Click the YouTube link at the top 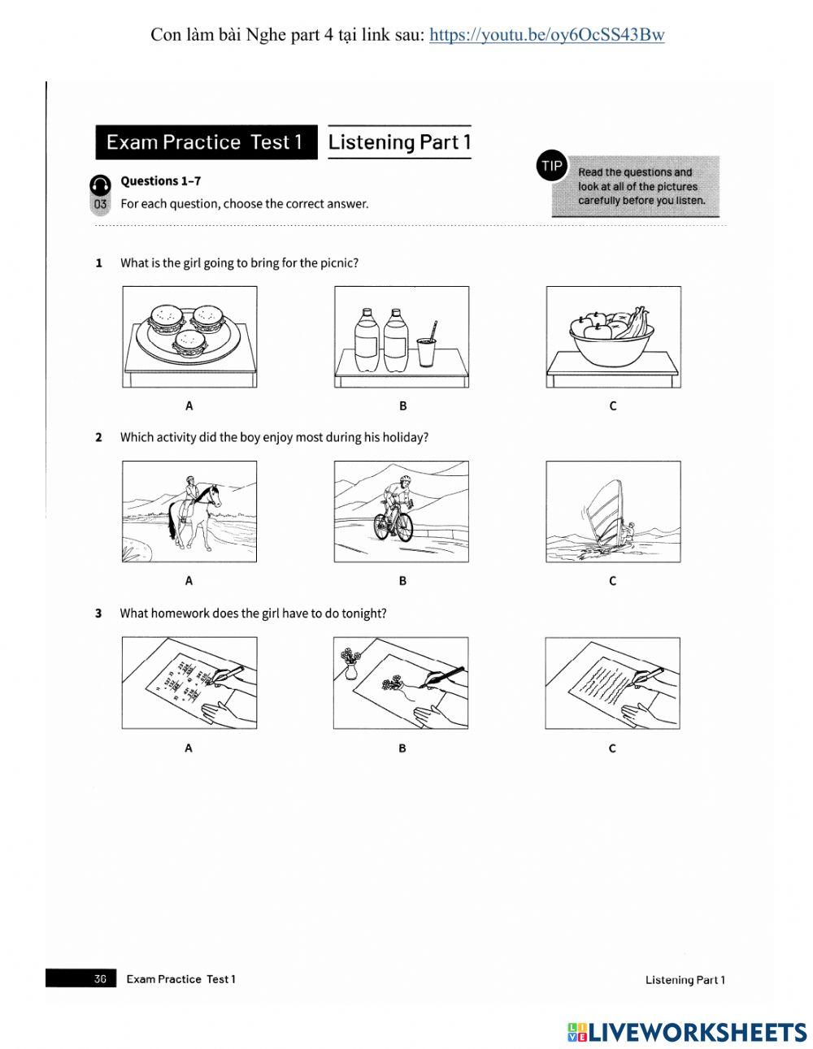click(546, 35)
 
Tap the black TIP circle click(552, 166)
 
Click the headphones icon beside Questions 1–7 click(100, 184)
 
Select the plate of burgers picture click(189, 336)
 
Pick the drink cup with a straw click(427, 349)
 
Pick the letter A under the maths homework click(189, 748)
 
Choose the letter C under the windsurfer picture click(612, 581)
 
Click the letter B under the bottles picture click(402, 405)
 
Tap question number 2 click(99, 438)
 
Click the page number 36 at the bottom click(100, 979)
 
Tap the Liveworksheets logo click(687, 1032)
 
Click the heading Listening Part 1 click(399, 142)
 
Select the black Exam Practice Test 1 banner click(206, 142)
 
